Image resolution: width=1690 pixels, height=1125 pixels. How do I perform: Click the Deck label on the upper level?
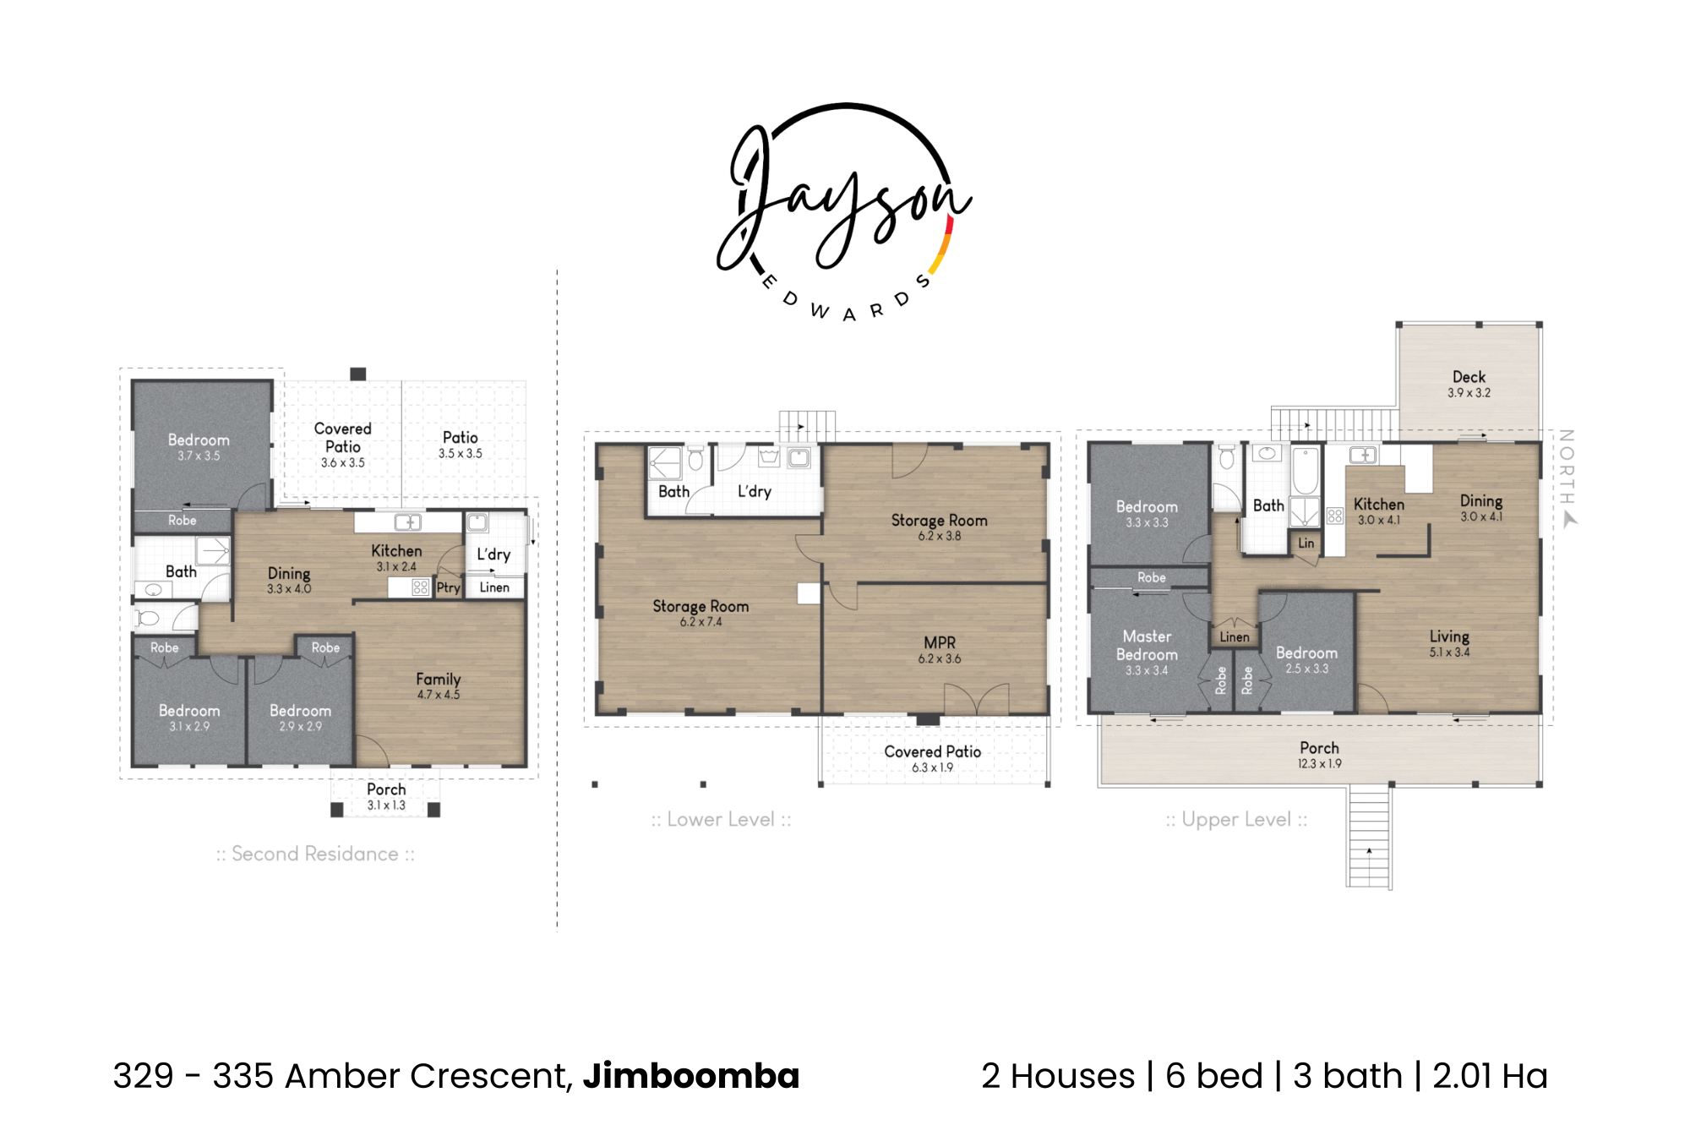(x=1469, y=377)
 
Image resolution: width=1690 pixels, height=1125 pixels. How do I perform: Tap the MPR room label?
(x=940, y=642)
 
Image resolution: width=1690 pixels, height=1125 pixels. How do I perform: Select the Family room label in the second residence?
(x=438, y=680)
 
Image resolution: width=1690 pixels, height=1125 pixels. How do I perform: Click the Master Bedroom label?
(x=1147, y=645)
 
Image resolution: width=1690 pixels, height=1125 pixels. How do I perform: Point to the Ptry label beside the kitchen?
(x=448, y=587)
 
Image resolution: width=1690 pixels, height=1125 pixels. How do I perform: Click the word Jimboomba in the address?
(x=691, y=1076)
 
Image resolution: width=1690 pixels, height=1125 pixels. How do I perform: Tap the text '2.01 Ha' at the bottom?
(x=1490, y=1076)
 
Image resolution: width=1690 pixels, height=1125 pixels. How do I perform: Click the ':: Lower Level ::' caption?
(x=721, y=819)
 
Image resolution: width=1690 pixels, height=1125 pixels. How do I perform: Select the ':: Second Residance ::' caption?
(x=315, y=854)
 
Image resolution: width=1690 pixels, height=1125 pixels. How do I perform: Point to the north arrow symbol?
(x=1570, y=520)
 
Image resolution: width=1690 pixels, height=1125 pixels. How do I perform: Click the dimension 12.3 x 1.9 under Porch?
(x=1319, y=764)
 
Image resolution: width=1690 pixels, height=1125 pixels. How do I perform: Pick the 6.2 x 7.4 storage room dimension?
(x=701, y=622)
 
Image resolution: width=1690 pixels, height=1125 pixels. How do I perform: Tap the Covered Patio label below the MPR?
(x=932, y=751)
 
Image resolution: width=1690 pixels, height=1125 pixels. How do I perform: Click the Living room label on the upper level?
(x=1449, y=636)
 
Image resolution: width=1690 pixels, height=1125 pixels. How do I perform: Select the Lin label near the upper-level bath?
(x=1306, y=543)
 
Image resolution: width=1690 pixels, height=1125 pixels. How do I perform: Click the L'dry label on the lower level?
(x=755, y=491)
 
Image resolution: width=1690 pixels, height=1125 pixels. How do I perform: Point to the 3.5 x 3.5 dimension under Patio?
(x=460, y=454)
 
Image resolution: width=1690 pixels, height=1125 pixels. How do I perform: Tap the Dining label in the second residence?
(x=289, y=574)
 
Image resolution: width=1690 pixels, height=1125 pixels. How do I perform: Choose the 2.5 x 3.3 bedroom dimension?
(x=1306, y=669)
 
